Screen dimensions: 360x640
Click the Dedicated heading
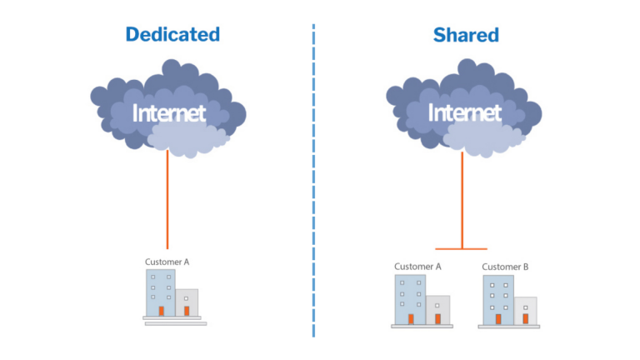point(172,34)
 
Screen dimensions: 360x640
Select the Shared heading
point(466,34)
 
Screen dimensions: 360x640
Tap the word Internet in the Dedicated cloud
point(168,112)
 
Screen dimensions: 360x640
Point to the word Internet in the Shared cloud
point(464,112)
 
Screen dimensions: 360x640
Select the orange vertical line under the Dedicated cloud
point(167,200)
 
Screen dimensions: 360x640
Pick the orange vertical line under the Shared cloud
point(462,200)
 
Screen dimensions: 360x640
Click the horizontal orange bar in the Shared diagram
point(462,248)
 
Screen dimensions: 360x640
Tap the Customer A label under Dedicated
point(167,262)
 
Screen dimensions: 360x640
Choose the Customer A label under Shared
point(417,267)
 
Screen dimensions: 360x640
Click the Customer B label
point(505,267)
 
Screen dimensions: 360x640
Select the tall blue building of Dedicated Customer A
point(161,291)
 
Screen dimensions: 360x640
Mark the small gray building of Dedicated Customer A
point(187,302)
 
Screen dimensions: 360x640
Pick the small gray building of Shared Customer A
point(437,309)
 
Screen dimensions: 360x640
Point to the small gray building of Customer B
point(525,309)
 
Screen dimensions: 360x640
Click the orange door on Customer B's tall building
point(498,318)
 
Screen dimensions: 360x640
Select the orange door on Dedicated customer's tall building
point(161,311)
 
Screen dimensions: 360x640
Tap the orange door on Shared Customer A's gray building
point(437,318)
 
